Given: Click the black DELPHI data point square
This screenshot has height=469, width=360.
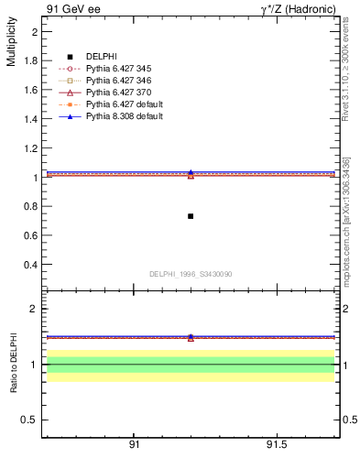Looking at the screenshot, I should [191, 216].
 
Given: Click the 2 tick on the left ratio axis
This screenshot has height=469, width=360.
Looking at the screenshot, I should [34, 309].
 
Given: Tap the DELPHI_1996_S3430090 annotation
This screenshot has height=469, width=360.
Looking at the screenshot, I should [191, 274].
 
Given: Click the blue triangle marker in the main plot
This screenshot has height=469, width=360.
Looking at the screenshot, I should [191, 171].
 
